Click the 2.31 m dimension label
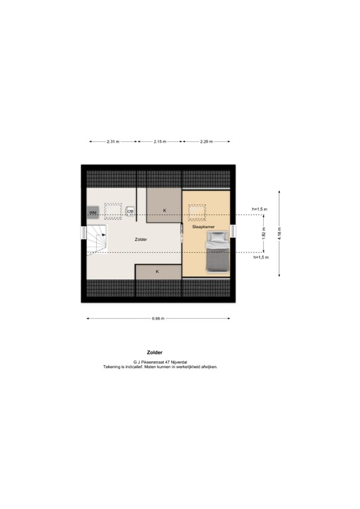(113, 141)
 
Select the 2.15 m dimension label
(160, 141)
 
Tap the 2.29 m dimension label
(206, 141)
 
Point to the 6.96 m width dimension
(158, 319)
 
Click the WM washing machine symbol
(93, 212)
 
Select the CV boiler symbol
(131, 211)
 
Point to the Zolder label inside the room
(141, 239)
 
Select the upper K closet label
(164, 210)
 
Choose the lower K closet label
(158, 272)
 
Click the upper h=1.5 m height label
(259, 209)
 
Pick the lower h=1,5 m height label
(260, 257)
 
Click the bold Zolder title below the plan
(154, 353)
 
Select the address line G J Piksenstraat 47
(160, 362)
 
